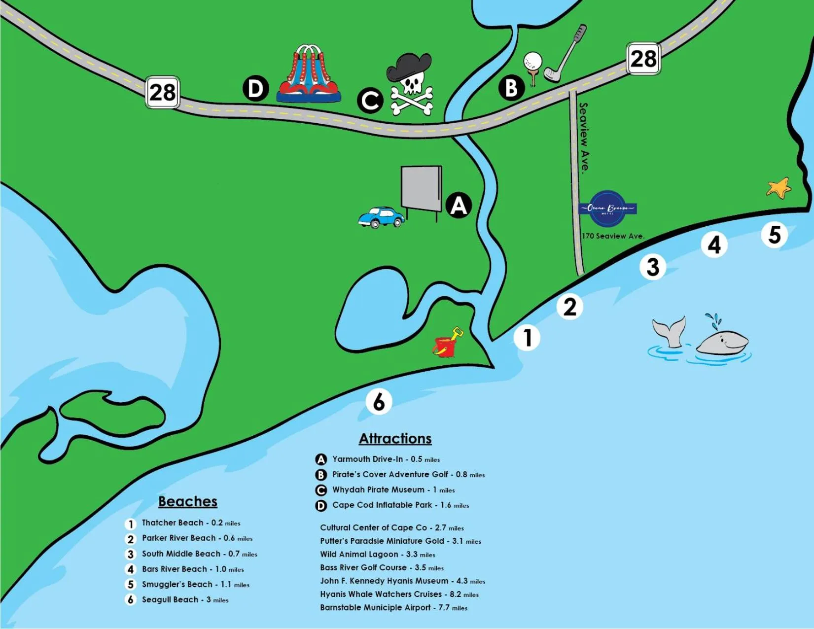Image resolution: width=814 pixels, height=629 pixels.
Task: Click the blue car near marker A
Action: (380, 217)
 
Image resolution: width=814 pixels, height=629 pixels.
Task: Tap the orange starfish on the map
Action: (779, 188)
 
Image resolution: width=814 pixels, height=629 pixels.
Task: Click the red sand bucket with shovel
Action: (447, 343)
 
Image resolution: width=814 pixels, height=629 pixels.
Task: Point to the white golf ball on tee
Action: (532, 63)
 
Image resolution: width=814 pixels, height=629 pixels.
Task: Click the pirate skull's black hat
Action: (409, 67)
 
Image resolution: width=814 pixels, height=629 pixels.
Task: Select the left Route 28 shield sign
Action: (162, 92)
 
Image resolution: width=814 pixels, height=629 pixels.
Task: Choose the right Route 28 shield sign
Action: (643, 59)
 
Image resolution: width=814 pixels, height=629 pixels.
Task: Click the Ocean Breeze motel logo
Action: (607, 209)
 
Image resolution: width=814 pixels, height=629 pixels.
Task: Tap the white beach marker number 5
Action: (774, 235)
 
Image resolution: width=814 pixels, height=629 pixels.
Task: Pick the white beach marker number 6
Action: (379, 401)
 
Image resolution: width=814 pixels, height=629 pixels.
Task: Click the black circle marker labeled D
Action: (255, 89)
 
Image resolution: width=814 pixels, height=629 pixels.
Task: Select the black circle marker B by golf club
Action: (511, 88)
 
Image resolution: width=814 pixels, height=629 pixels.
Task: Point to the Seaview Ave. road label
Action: (584, 137)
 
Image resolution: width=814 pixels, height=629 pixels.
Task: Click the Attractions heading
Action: (395, 438)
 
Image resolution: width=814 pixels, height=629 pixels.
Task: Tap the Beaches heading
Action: (187, 501)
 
